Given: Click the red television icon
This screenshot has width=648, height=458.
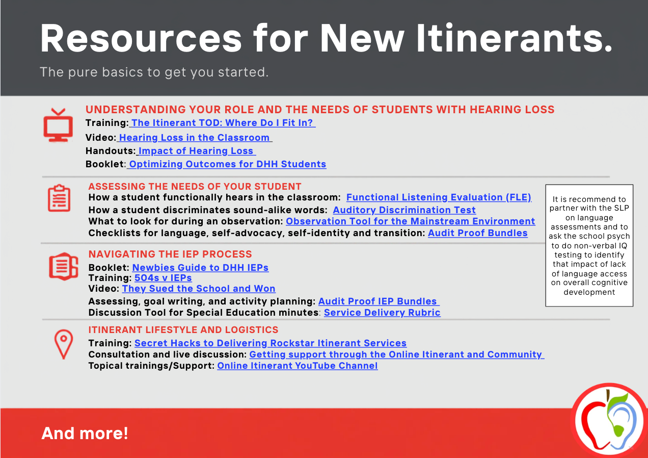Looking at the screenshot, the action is (58, 125).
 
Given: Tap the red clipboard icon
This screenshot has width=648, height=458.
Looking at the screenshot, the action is (59, 198).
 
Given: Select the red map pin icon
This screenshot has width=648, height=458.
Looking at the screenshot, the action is (64, 344).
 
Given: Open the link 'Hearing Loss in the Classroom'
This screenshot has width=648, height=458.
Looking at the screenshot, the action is (194, 138).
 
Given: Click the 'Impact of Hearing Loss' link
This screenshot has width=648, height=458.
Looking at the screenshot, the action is (196, 151).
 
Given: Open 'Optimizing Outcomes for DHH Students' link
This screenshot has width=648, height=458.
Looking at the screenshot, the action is (227, 164).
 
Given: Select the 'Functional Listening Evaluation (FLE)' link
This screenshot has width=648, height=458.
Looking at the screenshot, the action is (439, 197).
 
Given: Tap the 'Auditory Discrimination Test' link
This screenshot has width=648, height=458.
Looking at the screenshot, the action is (404, 210).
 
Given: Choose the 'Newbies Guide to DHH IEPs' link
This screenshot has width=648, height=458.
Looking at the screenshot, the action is (200, 268).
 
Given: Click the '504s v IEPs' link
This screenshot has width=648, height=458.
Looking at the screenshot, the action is (163, 278).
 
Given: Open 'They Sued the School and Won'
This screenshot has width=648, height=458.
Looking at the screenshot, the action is (199, 289).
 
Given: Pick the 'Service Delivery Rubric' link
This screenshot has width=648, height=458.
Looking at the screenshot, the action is (382, 313).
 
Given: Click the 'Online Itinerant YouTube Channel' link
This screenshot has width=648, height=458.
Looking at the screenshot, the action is (298, 366).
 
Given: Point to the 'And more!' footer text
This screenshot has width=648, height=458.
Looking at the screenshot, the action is (85, 434).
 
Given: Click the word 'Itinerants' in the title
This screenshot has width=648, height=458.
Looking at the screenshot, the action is (514, 38).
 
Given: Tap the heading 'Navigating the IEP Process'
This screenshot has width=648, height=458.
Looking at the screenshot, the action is (170, 254).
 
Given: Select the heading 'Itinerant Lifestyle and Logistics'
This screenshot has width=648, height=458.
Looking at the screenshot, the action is (183, 330).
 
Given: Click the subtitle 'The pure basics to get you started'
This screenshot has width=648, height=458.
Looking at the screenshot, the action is (154, 72).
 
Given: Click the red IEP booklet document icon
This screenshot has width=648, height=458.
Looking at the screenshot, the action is (64, 266).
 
